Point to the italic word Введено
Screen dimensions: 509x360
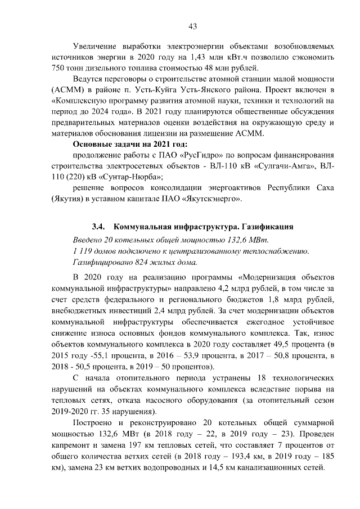coord(89,241)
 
